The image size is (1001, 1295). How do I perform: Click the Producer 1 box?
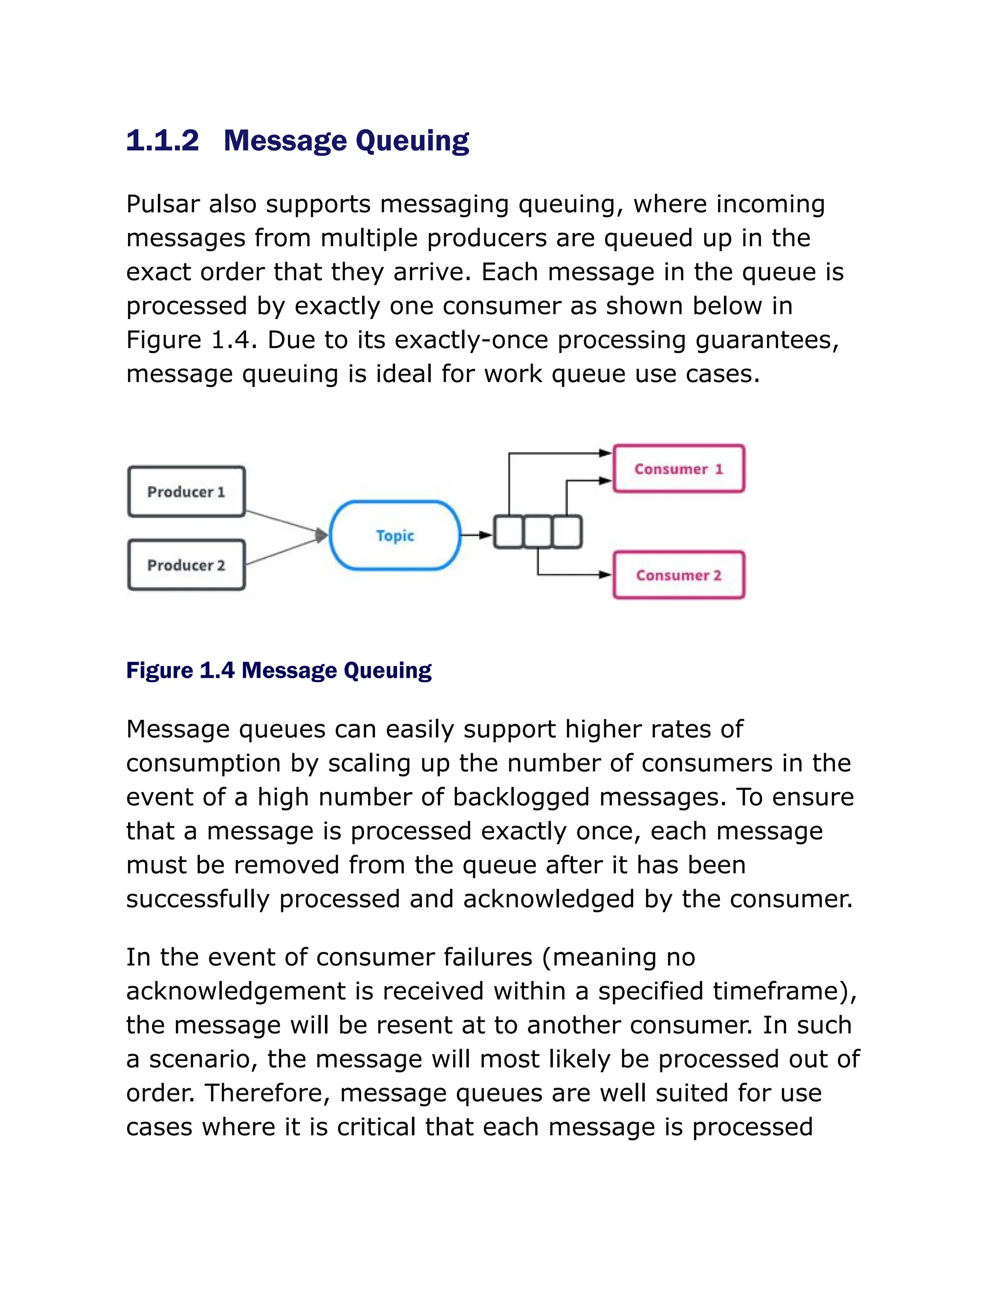coord(186,492)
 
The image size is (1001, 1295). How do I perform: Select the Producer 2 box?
coord(186,564)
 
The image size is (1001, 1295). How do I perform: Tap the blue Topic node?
coord(395,536)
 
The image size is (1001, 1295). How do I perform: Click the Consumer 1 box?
coord(678,469)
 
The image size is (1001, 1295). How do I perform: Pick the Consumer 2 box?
coord(678,575)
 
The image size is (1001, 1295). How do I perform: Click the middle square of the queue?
coord(538,532)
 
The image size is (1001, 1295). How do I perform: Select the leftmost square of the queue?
coord(509,532)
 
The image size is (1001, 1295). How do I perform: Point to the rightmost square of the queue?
coord(567,532)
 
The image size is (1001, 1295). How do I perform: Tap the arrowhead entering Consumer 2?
coord(605,574)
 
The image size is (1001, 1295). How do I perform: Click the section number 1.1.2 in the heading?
coord(162,141)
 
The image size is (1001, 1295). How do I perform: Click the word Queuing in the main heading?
coord(412,141)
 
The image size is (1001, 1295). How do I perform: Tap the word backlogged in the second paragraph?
coord(521,797)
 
